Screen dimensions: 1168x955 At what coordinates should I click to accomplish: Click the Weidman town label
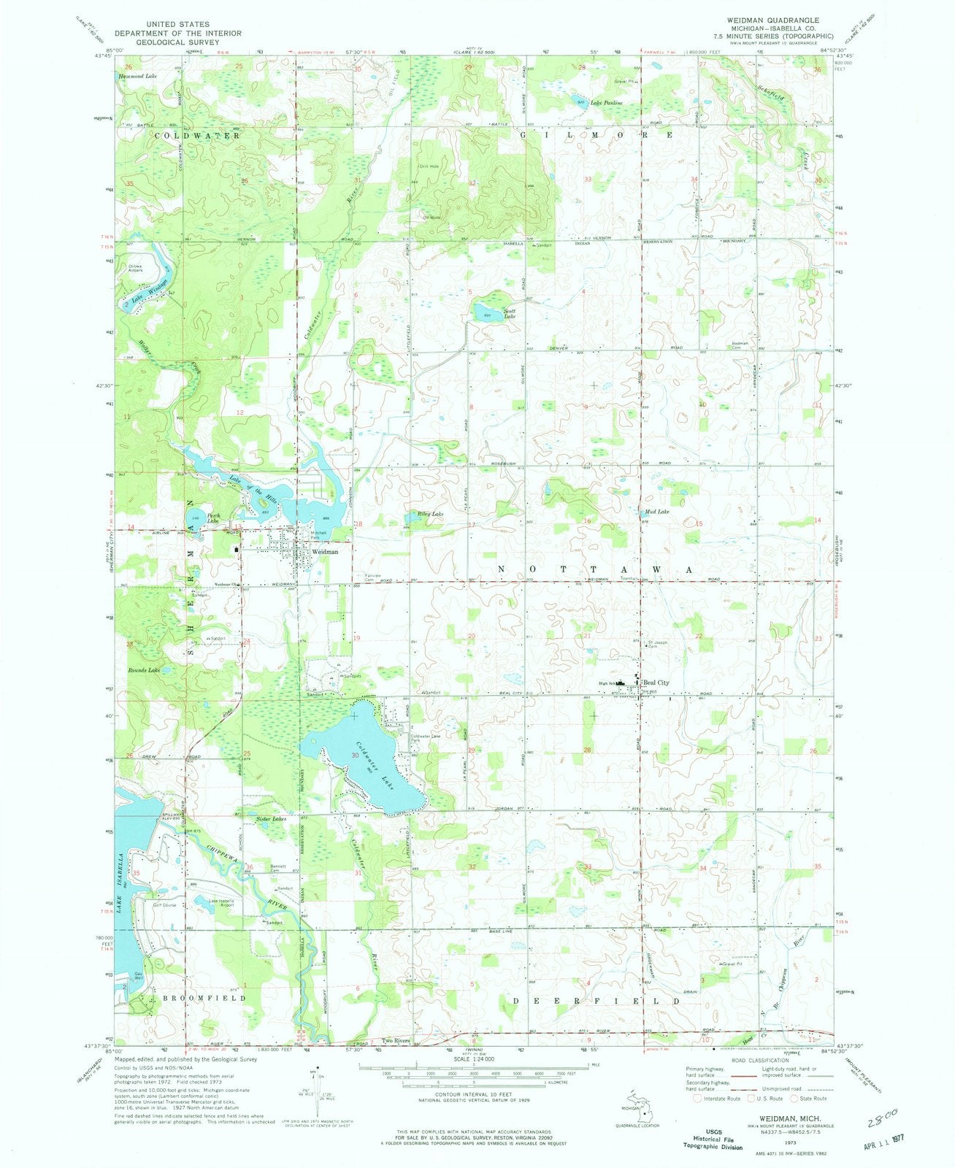pos(325,553)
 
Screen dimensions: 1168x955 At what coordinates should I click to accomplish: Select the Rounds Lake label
pos(143,669)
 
